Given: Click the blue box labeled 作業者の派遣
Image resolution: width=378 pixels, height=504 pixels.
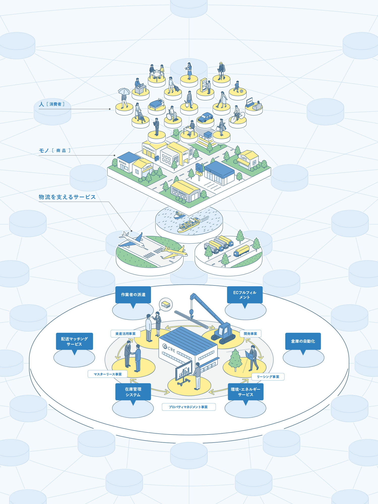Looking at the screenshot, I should [x=133, y=294].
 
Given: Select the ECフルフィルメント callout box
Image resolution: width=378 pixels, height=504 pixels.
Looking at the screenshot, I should [x=245, y=295].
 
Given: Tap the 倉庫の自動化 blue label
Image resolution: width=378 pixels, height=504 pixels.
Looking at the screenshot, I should [x=303, y=341].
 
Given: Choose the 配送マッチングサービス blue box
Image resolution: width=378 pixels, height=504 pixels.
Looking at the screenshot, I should [x=74, y=341].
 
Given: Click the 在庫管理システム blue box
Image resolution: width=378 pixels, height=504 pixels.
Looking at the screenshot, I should [x=133, y=392].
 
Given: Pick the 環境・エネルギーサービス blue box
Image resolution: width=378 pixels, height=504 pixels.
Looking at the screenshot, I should [x=245, y=392].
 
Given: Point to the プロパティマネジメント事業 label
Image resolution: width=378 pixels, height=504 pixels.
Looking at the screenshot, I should [x=188, y=407].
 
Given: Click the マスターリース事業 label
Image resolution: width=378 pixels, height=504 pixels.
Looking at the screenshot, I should [x=108, y=374].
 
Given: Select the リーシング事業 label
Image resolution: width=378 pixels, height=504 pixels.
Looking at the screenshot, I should [x=268, y=376].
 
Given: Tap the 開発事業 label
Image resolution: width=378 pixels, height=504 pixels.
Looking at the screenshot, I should [x=250, y=333].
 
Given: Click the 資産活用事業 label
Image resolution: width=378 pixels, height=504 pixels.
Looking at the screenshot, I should [x=125, y=333].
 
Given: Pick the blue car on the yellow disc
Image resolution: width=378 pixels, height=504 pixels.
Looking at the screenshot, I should [x=205, y=117].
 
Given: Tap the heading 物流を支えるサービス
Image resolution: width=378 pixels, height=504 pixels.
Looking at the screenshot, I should [x=67, y=197].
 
